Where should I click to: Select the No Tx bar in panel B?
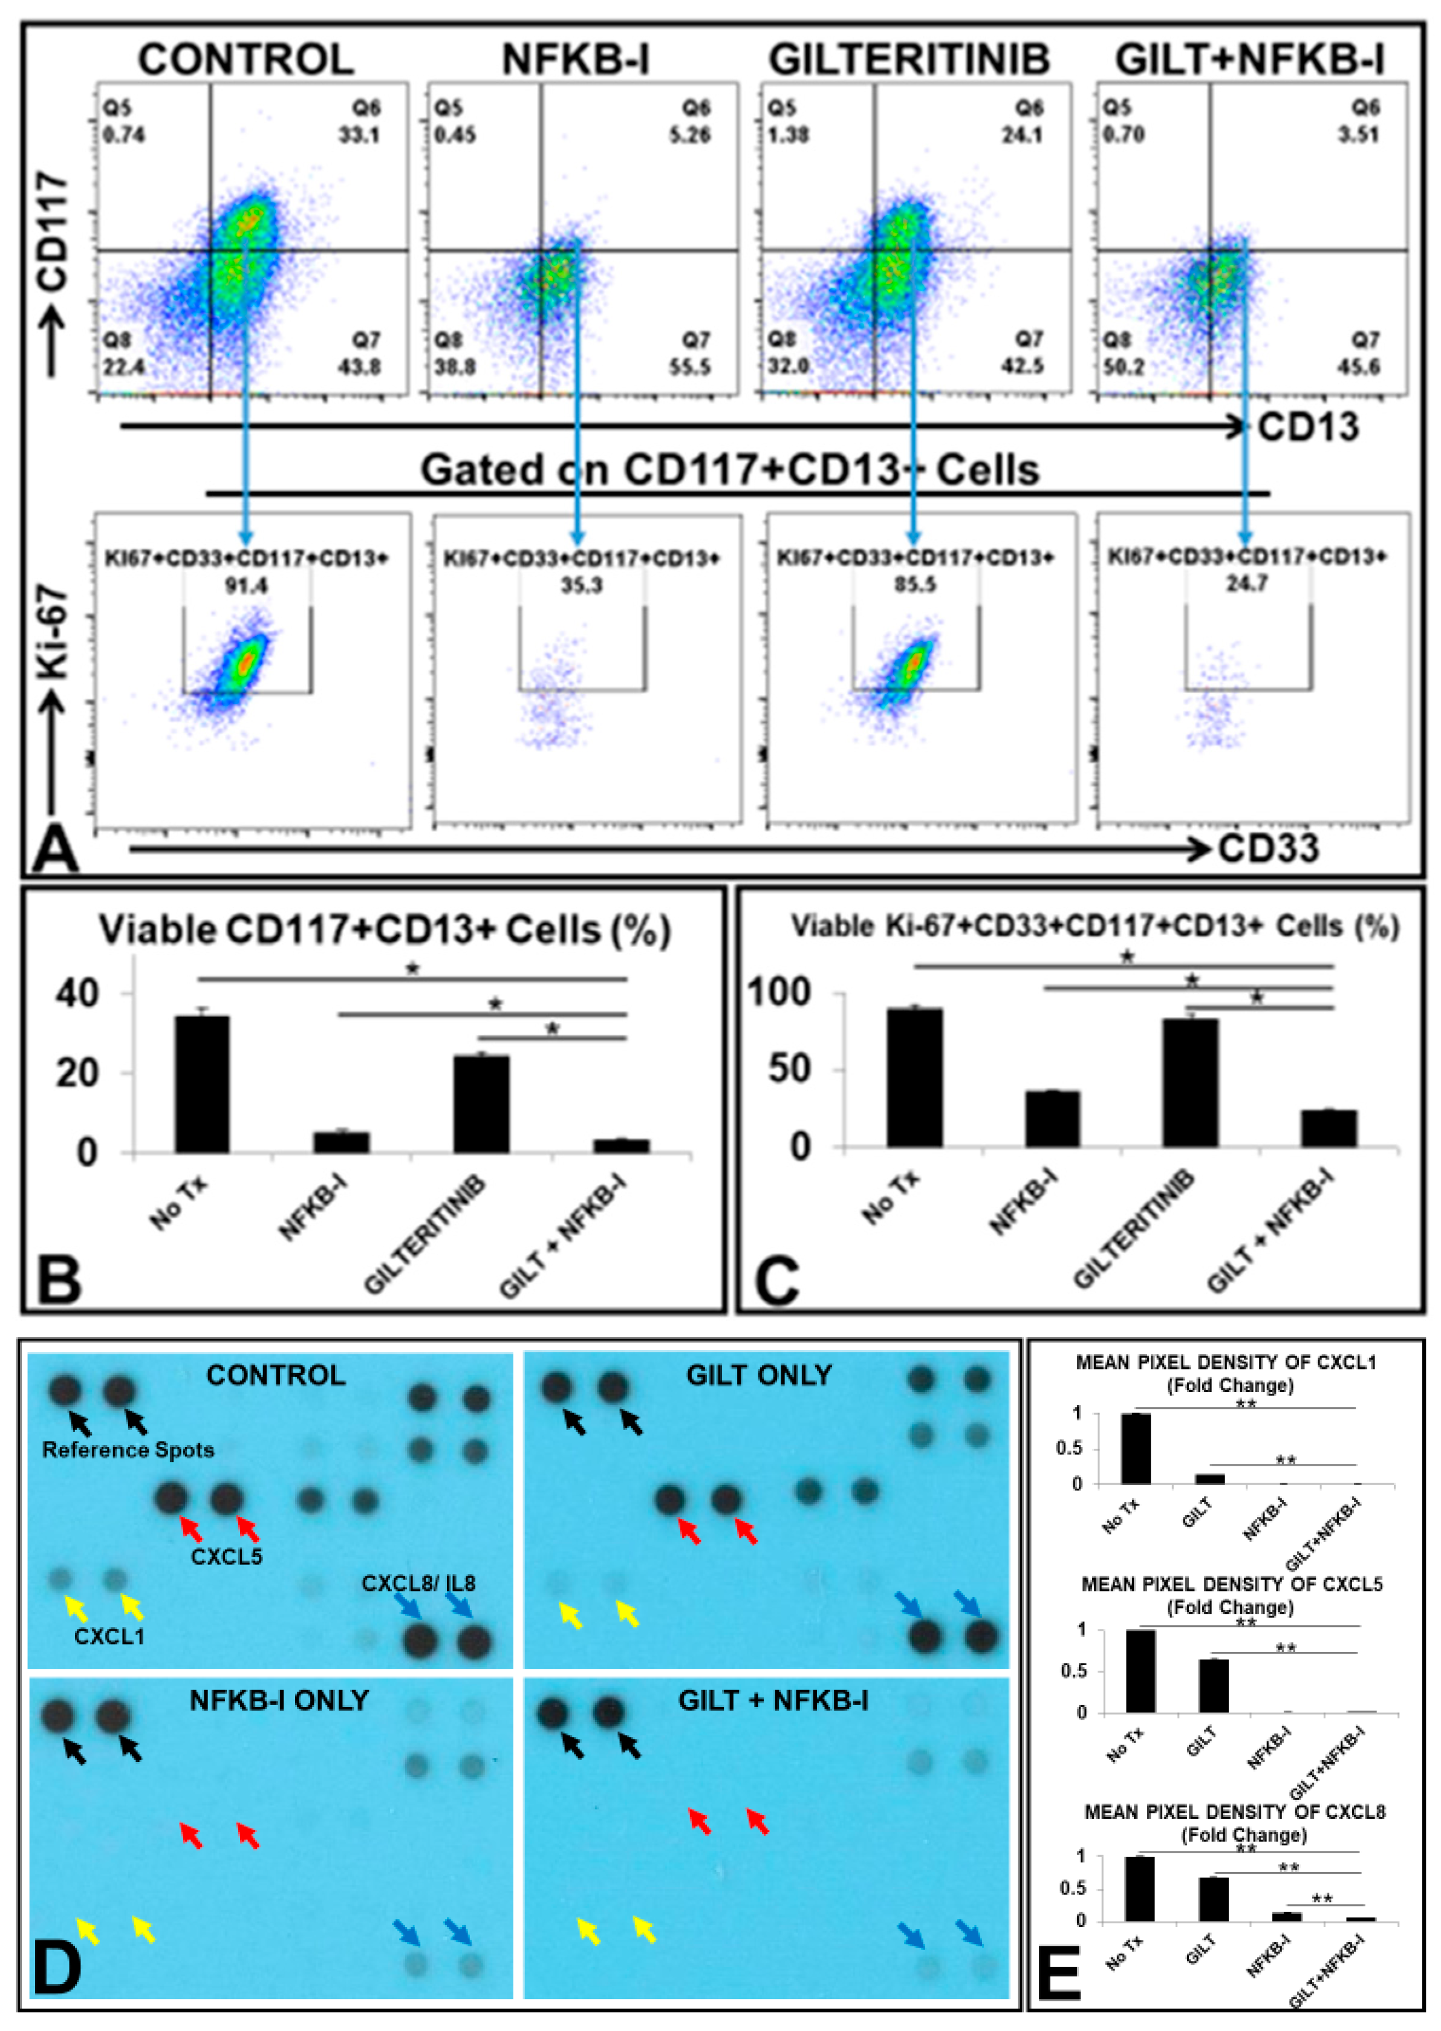pyautogui.click(x=203, y=1084)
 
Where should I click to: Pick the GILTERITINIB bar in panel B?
pyautogui.click(x=481, y=1104)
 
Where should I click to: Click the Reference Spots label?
pyautogui.click(x=129, y=1450)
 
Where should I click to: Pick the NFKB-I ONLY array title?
pyautogui.click(x=279, y=1700)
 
